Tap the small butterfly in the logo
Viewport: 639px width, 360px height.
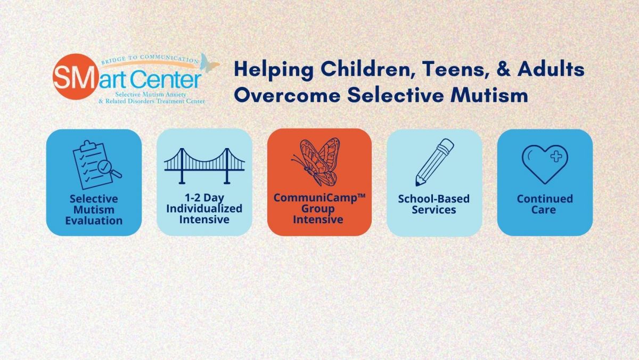pos(209,62)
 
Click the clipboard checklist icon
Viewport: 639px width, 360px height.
pos(97,165)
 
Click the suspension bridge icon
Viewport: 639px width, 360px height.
pos(204,166)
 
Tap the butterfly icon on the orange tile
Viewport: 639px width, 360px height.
pos(316,162)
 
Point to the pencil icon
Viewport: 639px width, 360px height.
pos(434,162)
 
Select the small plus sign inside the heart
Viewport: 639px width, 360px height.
pos(556,157)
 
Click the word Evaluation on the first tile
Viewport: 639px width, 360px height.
pos(94,221)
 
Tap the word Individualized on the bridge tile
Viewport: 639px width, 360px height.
pos(204,209)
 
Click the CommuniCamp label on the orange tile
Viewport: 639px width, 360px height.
pos(319,198)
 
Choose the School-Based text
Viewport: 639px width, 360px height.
pos(434,199)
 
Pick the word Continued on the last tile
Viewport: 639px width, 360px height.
pos(545,199)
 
